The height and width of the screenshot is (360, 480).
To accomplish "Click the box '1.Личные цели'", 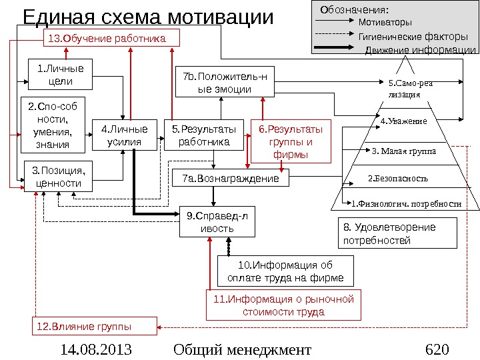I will (60, 74).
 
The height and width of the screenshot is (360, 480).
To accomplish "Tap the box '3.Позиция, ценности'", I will (57, 177).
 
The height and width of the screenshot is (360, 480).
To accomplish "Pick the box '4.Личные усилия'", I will (125, 135).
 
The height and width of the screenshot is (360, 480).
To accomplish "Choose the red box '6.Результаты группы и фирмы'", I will (290, 141).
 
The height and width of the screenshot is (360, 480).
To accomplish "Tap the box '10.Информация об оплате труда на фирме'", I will (285, 271).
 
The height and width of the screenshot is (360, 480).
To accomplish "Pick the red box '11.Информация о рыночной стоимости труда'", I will (283, 305).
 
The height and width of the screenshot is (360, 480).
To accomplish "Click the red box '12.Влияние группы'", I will (94, 327).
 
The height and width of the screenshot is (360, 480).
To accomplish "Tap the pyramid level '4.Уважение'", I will (403, 121).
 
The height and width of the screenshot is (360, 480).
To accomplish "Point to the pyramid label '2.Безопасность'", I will (399, 179).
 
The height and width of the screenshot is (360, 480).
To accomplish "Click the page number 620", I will (437, 349).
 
